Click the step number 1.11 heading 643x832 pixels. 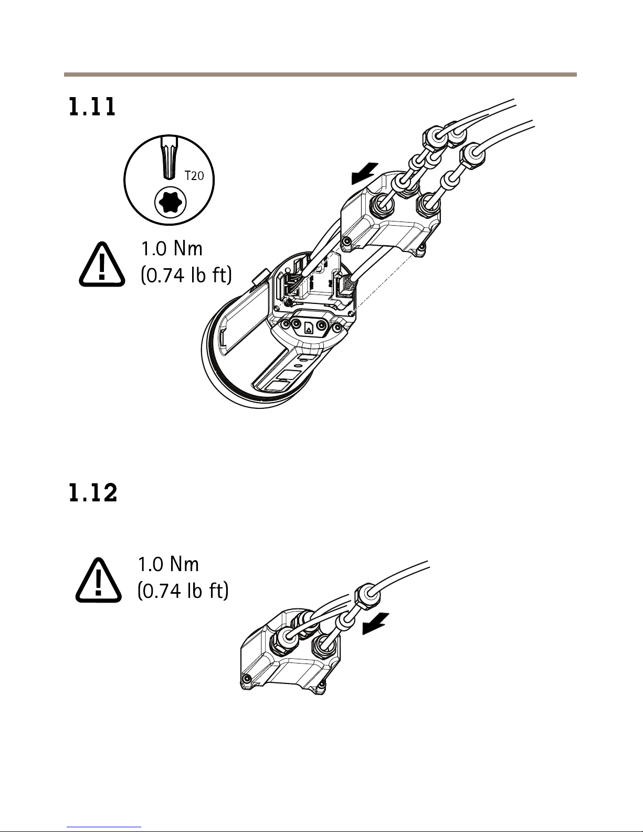[x=92, y=107]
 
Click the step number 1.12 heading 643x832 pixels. [x=93, y=493]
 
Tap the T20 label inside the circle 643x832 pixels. [x=194, y=176]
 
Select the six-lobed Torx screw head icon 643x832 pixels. [x=170, y=202]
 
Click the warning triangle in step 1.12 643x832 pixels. [x=98, y=580]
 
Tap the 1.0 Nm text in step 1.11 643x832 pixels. [x=172, y=248]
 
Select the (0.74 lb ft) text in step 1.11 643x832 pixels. [x=186, y=275]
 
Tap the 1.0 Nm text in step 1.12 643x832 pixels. [x=168, y=564]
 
